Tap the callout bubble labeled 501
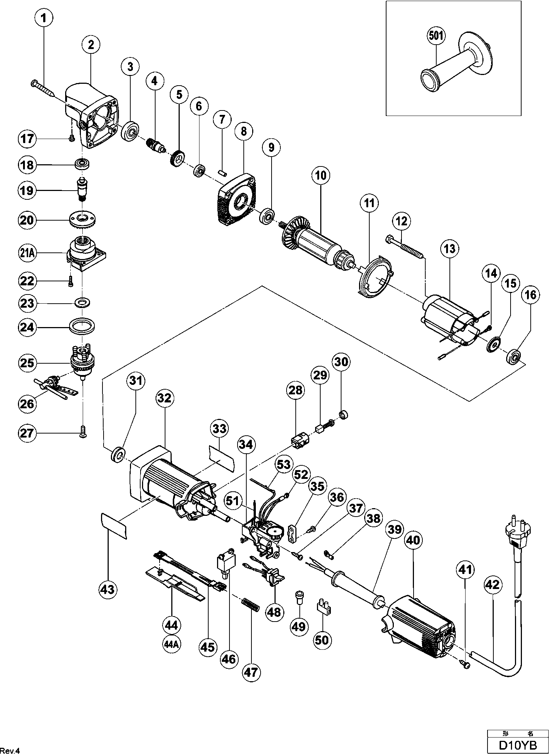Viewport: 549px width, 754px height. tap(436, 36)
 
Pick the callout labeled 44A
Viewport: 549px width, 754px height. tap(171, 645)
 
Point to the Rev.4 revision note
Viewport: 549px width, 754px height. tap(10, 750)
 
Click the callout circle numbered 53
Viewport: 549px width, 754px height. tap(284, 465)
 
